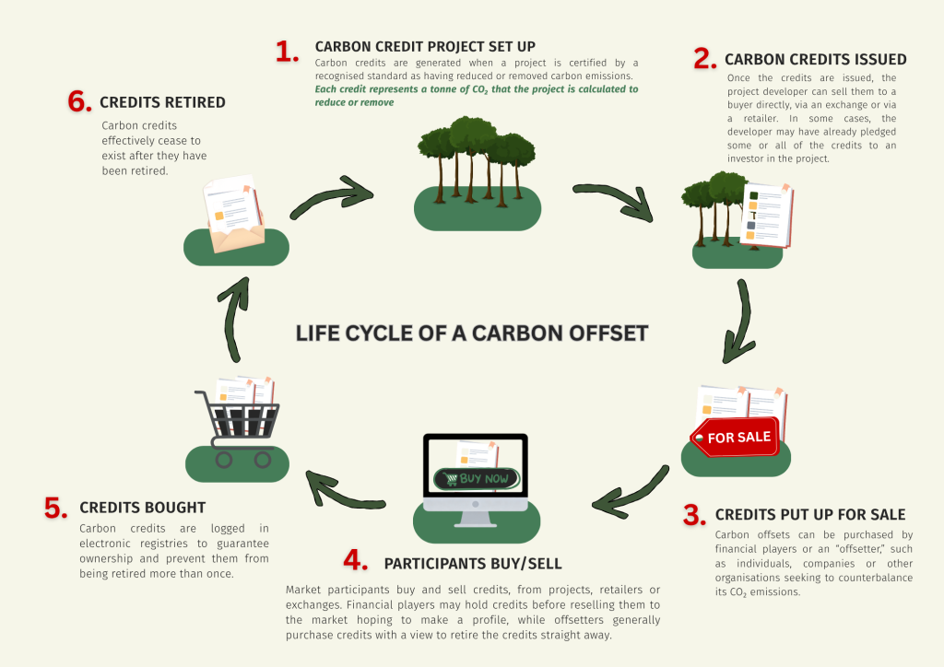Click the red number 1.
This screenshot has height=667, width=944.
click(287, 51)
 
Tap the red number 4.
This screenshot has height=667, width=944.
click(355, 560)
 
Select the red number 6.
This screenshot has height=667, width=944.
click(79, 101)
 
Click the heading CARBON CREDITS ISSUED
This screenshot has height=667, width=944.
click(816, 60)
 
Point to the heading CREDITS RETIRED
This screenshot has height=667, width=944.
click(162, 102)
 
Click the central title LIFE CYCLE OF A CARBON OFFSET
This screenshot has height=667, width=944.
click(472, 333)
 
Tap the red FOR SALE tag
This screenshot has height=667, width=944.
click(735, 437)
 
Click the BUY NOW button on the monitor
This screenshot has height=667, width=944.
click(477, 479)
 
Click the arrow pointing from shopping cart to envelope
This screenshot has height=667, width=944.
click(233, 319)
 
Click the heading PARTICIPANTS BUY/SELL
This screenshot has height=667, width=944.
click(473, 564)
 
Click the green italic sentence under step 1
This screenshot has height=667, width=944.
click(477, 96)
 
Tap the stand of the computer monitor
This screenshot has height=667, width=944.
click(476, 519)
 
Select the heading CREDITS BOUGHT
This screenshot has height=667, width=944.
click(143, 508)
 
